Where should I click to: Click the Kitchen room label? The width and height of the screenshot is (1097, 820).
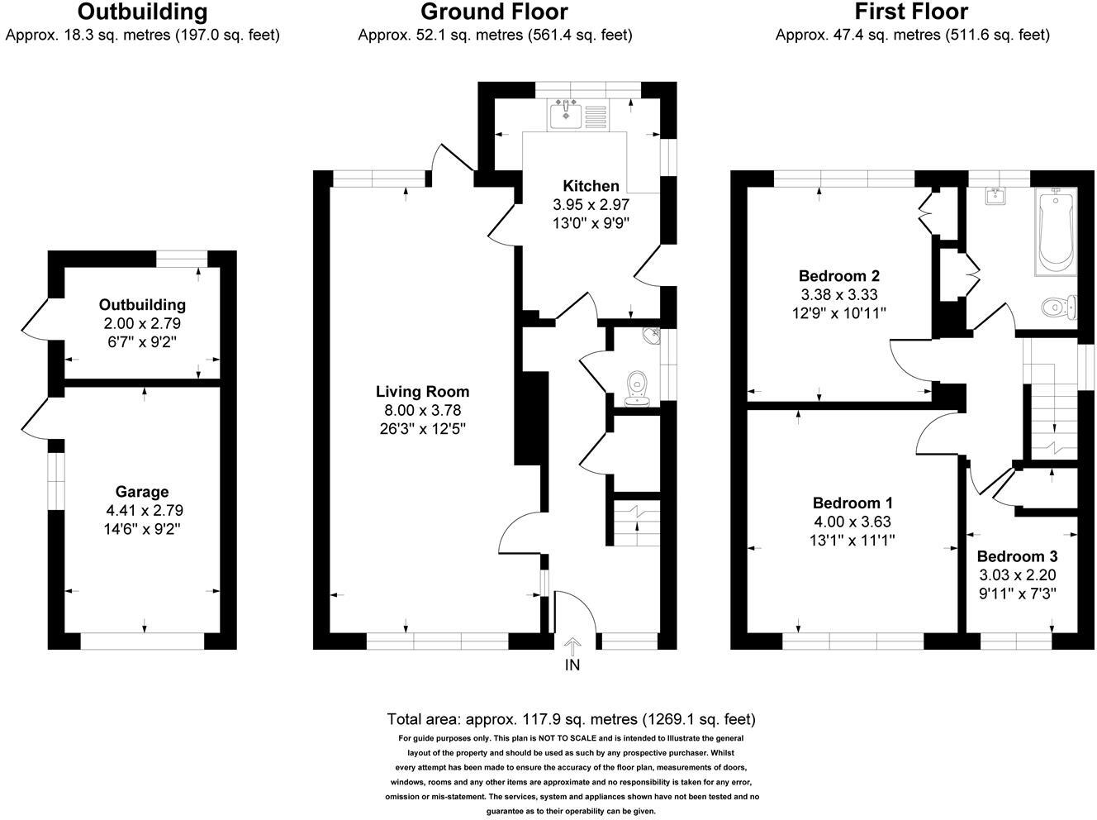591,186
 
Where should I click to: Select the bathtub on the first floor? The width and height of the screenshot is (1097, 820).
1054,229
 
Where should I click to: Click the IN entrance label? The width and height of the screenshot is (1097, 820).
572,665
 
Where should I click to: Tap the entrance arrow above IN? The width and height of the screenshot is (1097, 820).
572,646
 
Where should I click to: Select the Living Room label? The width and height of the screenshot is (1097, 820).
422,392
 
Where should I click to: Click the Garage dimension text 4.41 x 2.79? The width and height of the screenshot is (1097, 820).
142,510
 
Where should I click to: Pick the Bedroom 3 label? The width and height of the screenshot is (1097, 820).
1016,557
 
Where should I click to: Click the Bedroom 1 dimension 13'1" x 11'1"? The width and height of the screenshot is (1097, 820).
852,541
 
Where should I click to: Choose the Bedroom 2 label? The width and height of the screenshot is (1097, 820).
838,276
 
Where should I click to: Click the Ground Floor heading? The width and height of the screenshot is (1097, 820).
494,12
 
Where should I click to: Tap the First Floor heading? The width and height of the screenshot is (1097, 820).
911,12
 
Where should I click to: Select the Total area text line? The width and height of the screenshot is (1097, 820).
571,719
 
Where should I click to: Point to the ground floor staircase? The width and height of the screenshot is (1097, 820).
637,523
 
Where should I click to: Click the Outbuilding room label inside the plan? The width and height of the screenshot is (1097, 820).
142,305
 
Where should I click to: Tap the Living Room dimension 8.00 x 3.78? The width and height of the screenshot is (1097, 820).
422,410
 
